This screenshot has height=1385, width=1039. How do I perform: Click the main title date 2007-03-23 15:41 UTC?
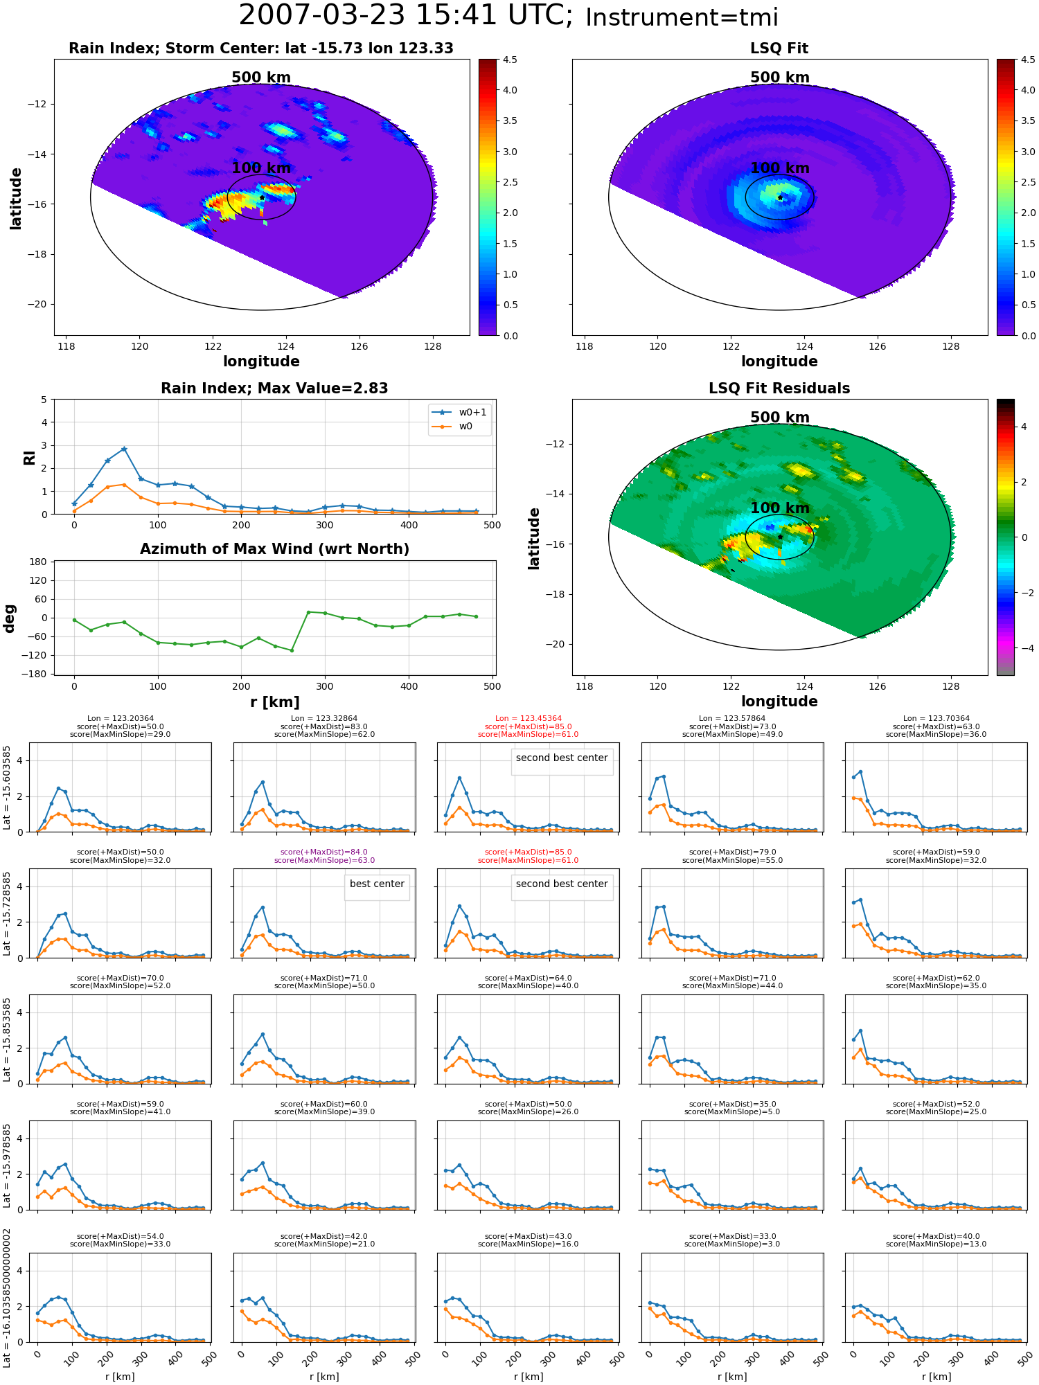point(405,15)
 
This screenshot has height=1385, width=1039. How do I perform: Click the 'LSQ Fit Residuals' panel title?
point(779,388)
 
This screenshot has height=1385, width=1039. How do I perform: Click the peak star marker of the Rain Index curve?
point(124,449)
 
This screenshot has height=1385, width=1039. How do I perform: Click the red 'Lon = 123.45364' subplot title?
point(529,719)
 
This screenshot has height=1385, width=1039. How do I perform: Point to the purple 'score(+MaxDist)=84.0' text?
point(324,852)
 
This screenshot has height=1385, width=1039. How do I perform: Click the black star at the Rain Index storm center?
point(262,198)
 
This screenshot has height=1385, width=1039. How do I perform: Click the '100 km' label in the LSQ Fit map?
point(780,168)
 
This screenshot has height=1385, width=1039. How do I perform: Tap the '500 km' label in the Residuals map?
point(780,418)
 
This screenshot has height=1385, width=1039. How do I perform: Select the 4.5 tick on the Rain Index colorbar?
point(510,60)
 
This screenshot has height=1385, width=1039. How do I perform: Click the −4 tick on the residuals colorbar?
point(1024,648)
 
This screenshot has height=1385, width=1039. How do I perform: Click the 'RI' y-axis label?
point(30,458)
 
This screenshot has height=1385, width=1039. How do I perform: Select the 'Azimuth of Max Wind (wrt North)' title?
point(274,549)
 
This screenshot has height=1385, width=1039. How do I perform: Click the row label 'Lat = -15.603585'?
point(7,787)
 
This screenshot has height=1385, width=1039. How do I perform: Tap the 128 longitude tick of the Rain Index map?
point(432,346)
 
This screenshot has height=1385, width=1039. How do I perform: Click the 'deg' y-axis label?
point(10,618)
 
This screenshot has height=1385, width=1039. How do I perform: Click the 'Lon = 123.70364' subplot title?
point(936,719)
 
